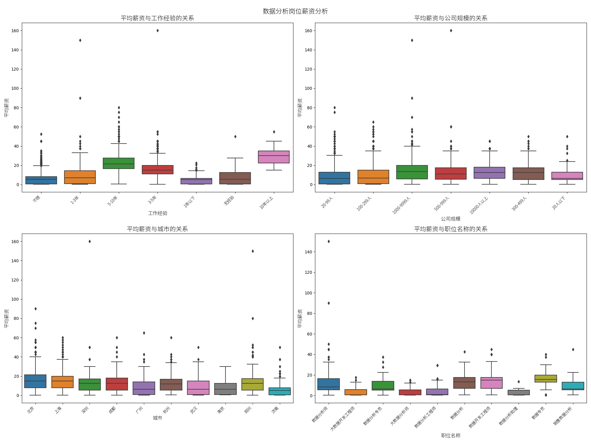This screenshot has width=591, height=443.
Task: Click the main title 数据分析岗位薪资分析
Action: [x=295, y=11]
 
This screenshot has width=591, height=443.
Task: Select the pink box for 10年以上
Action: [x=274, y=157]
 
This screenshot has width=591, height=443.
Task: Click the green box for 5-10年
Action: [x=118, y=163]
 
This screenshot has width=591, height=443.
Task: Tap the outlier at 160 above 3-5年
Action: [x=158, y=31]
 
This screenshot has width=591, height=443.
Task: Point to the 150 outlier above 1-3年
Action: [x=80, y=40]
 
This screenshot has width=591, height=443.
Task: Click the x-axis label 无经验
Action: [x=229, y=201]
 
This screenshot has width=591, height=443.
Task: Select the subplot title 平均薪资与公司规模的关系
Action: [x=451, y=18]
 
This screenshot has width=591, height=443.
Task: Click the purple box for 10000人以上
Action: [x=489, y=173]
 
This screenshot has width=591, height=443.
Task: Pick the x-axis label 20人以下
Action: [x=558, y=203]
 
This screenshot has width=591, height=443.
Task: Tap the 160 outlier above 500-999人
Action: [x=451, y=31]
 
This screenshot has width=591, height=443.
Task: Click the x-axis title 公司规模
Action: [x=451, y=219]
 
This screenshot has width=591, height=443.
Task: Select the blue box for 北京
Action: [x=35, y=381]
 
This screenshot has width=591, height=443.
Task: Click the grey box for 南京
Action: [x=225, y=389]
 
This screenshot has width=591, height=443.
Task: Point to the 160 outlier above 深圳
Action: [x=90, y=242]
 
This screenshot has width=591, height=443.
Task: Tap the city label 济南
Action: [x=275, y=410]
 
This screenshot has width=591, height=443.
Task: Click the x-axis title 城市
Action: [x=158, y=418]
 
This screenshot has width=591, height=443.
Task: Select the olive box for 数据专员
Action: [x=546, y=379]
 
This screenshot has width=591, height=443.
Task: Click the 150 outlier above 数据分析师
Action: [x=329, y=242]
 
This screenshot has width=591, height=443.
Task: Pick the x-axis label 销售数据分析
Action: [x=563, y=416]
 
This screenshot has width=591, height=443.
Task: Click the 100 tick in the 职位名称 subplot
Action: [x=308, y=293]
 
